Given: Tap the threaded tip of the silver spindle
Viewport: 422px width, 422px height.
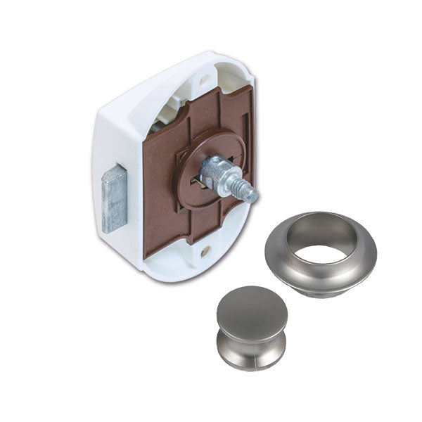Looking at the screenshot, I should (249, 193).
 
